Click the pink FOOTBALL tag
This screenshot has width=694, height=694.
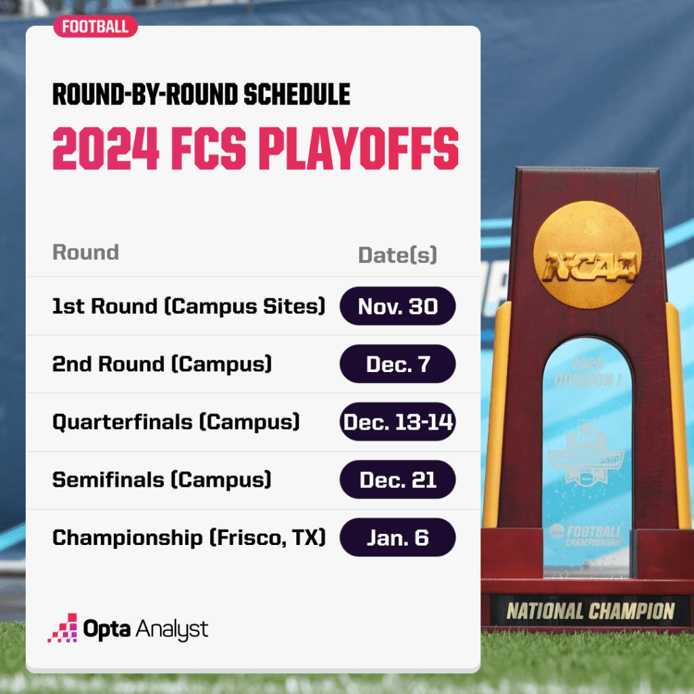(95, 26)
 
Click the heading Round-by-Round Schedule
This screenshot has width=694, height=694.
(201, 95)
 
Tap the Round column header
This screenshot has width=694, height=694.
(85, 252)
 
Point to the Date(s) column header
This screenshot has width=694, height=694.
(397, 255)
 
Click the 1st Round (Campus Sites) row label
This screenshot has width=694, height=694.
(188, 306)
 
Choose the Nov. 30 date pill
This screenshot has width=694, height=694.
(397, 306)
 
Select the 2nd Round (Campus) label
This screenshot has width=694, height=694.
(162, 364)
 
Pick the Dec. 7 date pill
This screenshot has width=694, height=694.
(397, 364)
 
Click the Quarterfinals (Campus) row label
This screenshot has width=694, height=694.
(176, 422)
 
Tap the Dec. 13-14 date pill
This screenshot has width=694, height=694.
(397, 422)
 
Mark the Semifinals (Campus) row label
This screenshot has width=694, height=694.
(161, 480)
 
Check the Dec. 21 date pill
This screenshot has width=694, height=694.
(397, 480)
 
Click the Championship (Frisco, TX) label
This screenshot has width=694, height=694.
(188, 538)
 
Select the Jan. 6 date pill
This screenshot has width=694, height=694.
(397, 538)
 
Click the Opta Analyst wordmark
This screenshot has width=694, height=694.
(145, 629)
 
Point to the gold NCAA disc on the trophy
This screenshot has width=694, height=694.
(587, 251)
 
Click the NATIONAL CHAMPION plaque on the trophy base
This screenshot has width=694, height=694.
(590, 611)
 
